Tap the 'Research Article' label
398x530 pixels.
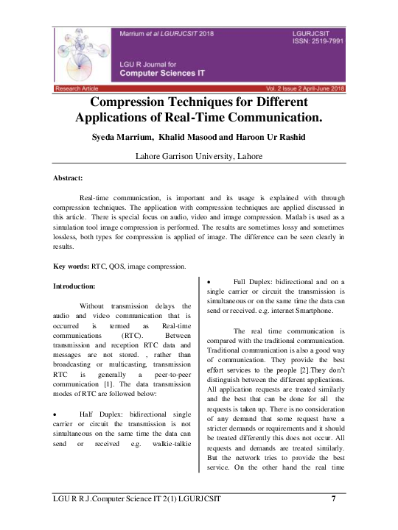(x=77, y=88)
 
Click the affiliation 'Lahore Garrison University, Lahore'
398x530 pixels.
(x=199, y=157)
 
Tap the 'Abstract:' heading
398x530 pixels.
(x=69, y=178)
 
